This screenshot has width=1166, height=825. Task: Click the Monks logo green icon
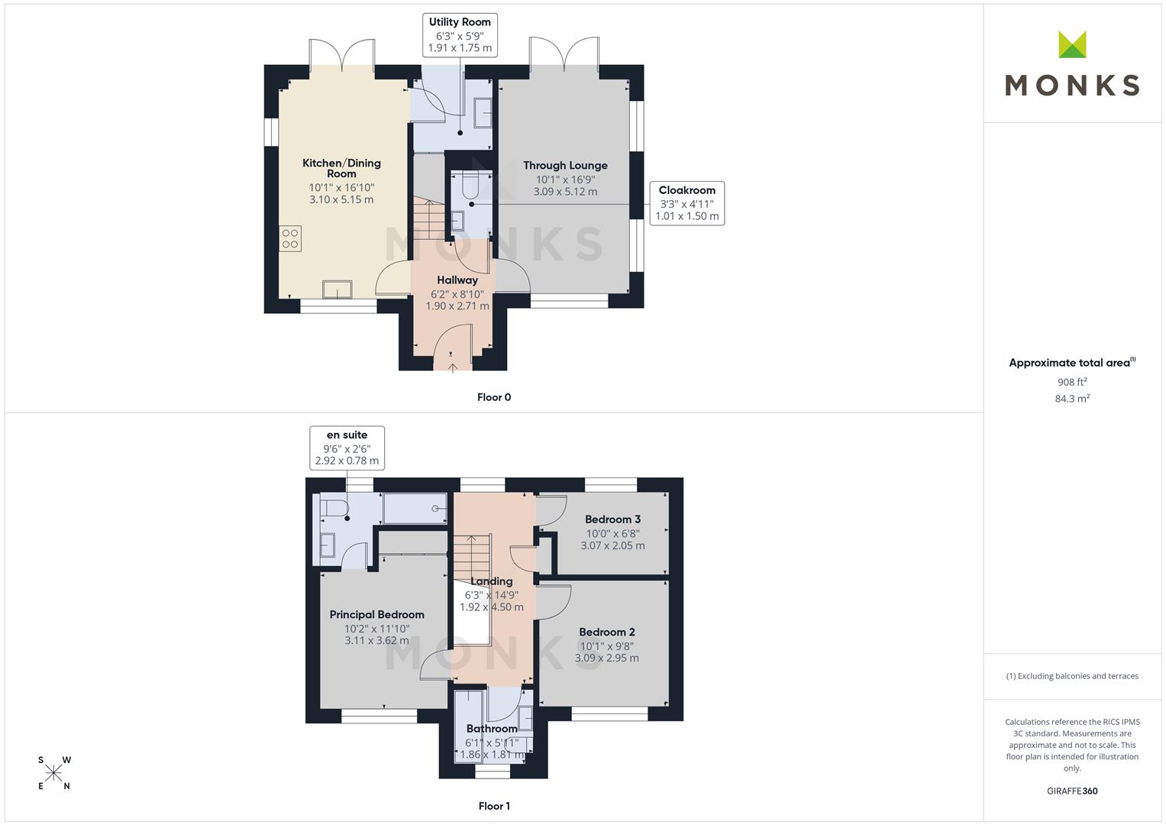[1072, 45]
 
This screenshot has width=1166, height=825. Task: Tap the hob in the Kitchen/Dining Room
[290, 238]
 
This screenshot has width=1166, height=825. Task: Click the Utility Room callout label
[460, 22]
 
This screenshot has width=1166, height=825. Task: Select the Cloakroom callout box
[686, 202]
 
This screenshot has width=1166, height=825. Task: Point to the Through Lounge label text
[565, 165]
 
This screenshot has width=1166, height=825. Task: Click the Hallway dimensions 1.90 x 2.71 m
[457, 306]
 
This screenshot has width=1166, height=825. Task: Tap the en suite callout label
[347, 435]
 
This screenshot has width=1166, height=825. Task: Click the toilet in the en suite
[334, 508]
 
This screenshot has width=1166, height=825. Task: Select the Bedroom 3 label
[612, 519]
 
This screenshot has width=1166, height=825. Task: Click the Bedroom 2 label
[606, 632]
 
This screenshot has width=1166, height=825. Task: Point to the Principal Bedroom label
[376, 614]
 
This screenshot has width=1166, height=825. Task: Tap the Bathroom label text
[492, 729]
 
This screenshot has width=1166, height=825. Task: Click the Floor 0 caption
[494, 397]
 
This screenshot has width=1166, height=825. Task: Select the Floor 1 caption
[494, 806]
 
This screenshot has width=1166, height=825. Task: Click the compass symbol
[54, 773]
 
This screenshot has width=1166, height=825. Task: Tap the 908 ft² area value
[1072, 382]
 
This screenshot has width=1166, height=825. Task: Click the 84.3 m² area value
[1072, 399]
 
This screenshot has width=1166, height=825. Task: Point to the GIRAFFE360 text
[1072, 791]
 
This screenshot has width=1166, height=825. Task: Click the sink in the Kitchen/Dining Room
[337, 289]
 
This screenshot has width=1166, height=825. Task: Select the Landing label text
[491, 581]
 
